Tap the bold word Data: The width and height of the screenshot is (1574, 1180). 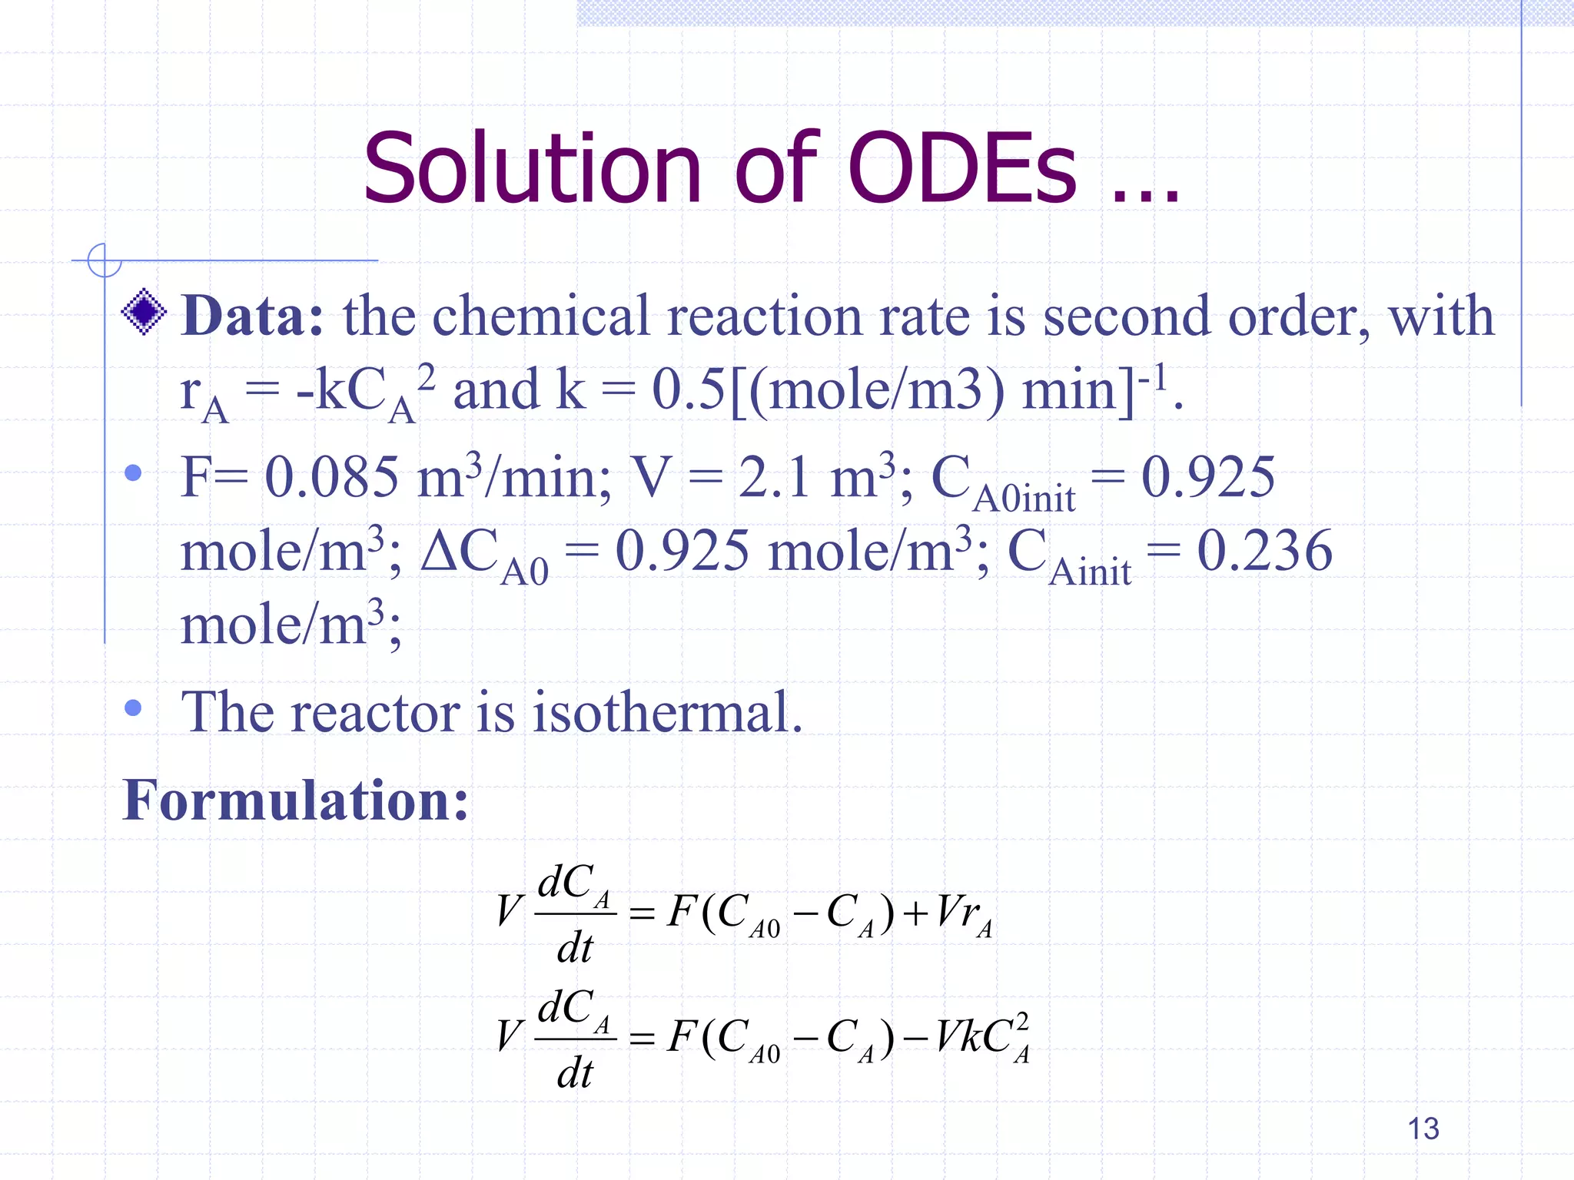pyautogui.click(x=253, y=317)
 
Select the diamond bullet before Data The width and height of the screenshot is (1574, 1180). pyautogui.click(x=144, y=311)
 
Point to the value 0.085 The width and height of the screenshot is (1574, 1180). pyautogui.click(x=331, y=478)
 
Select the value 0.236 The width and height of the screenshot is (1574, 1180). pyautogui.click(x=1264, y=552)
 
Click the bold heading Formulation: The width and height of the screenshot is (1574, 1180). pyautogui.click(x=296, y=800)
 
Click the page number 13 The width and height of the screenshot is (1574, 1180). pyautogui.click(x=1423, y=1129)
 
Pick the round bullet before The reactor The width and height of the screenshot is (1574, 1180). pyautogui.click(x=133, y=708)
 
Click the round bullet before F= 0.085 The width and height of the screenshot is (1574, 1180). pyautogui.click(x=133, y=472)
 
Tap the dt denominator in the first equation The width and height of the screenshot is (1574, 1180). pyautogui.click(x=575, y=948)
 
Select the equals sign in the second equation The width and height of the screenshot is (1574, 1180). pyautogui.click(x=642, y=1039)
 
